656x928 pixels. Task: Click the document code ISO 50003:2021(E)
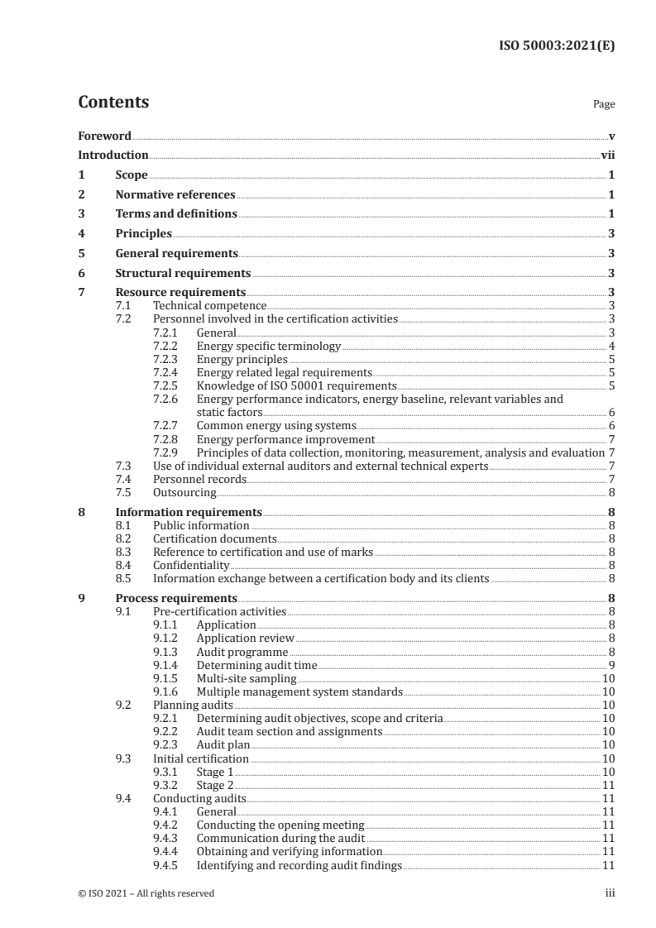click(559, 46)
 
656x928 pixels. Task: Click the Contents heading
click(113, 103)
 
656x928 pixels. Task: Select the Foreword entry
click(104, 136)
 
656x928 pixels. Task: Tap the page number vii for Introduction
click(607, 155)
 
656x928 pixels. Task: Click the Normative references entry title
click(175, 194)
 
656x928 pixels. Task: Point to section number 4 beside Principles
click(81, 233)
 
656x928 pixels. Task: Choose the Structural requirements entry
click(183, 272)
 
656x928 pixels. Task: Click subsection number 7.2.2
click(168, 346)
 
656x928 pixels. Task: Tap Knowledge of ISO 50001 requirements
click(297, 385)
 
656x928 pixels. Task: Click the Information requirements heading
click(189, 511)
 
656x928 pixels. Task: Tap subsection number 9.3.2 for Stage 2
click(168, 784)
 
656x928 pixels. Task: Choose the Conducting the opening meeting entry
click(280, 824)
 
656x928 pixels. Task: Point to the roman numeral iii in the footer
click(611, 892)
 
